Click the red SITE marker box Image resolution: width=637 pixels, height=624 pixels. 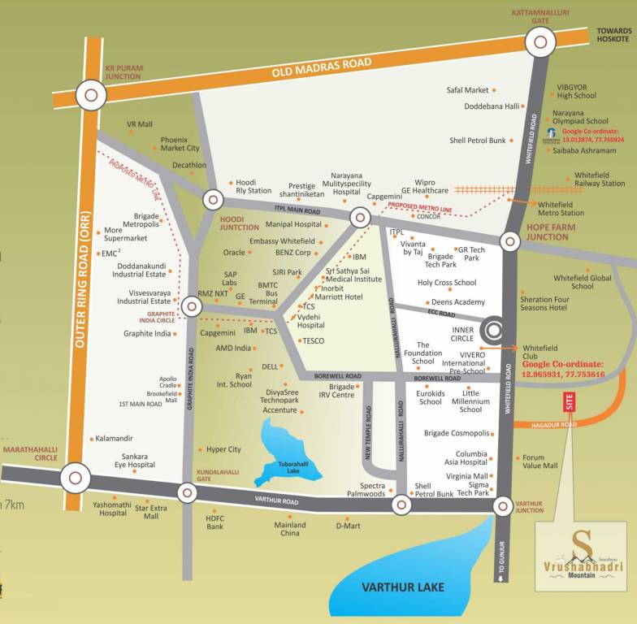(569, 401)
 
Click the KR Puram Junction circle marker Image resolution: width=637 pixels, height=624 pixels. (91, 96)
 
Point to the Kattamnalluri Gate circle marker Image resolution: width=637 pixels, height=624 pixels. (540, 42)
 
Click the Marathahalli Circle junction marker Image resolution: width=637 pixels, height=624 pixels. (75, 477)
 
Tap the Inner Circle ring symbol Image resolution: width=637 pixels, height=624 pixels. (493, 329)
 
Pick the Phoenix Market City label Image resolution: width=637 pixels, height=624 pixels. (180, 144)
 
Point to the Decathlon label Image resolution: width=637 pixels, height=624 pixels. (189, 165)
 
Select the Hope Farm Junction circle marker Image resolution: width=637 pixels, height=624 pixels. (509, 240)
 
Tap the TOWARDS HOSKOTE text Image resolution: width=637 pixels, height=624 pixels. (613, 34)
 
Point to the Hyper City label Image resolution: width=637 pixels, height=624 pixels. (223, 449)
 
